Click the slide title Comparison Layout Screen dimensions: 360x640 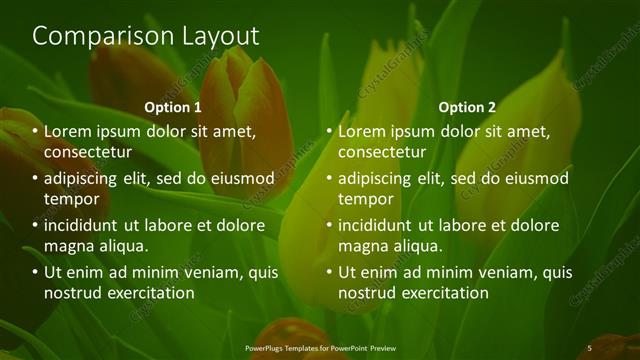tap(146, 36)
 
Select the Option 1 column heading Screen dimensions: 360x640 tap(173, 107)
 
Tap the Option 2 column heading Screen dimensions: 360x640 tap(467, 107)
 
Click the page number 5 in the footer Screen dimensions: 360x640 tap(589, 347)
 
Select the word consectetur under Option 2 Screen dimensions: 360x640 tap(381, 152)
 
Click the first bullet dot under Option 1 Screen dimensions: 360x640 tap(35, 132)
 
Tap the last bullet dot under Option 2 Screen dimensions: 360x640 tap(329, 273)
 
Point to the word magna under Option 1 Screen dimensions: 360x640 tap(67, 246)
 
